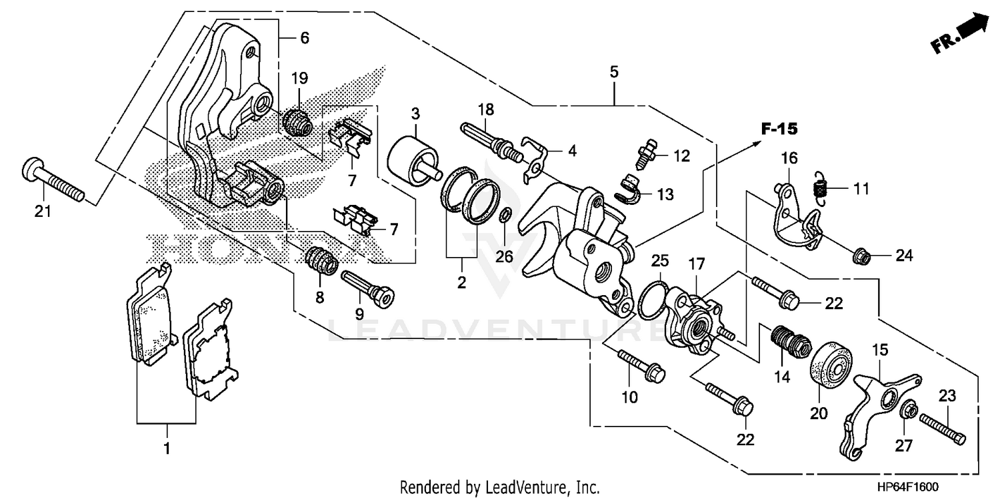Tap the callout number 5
[x=613, y=71]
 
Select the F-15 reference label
[x=780, y=128]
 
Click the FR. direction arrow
[x=960, y=33]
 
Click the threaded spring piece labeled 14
[x=789, y=340]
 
